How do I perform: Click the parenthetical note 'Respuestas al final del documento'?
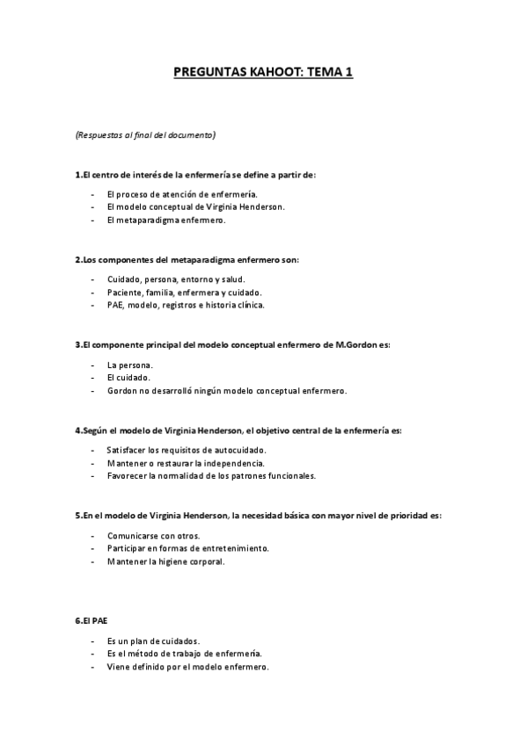145,135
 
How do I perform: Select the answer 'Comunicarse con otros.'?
153,534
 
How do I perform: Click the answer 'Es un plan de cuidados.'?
155,640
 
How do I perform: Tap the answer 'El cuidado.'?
128,377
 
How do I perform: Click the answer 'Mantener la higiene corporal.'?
165,561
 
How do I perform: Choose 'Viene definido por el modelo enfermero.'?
187,667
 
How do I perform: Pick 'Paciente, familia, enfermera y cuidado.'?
184,292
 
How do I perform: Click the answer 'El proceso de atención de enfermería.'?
182,193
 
